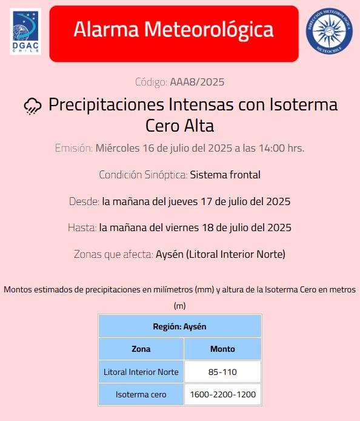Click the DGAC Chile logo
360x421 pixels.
click(25, 32)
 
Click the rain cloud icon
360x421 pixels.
click(33, 106)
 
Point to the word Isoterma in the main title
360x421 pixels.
click(301, 104)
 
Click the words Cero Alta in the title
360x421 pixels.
click(180, 126)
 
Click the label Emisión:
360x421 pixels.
click(74, 148)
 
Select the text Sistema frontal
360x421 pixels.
click(225, 175)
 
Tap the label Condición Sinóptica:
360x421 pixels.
click(143, 175)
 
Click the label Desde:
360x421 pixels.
click(84, 201)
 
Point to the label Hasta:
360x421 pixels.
click(82, 227)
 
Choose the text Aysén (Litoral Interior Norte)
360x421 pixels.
click(221, 254)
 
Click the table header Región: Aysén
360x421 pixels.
click(179, 326)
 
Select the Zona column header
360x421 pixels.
click(141, 349)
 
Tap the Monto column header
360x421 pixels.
click(222, 349)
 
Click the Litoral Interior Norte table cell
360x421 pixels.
click(141, 372)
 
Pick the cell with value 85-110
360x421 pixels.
click(222, 372)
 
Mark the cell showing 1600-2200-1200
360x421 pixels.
click(222, 395)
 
